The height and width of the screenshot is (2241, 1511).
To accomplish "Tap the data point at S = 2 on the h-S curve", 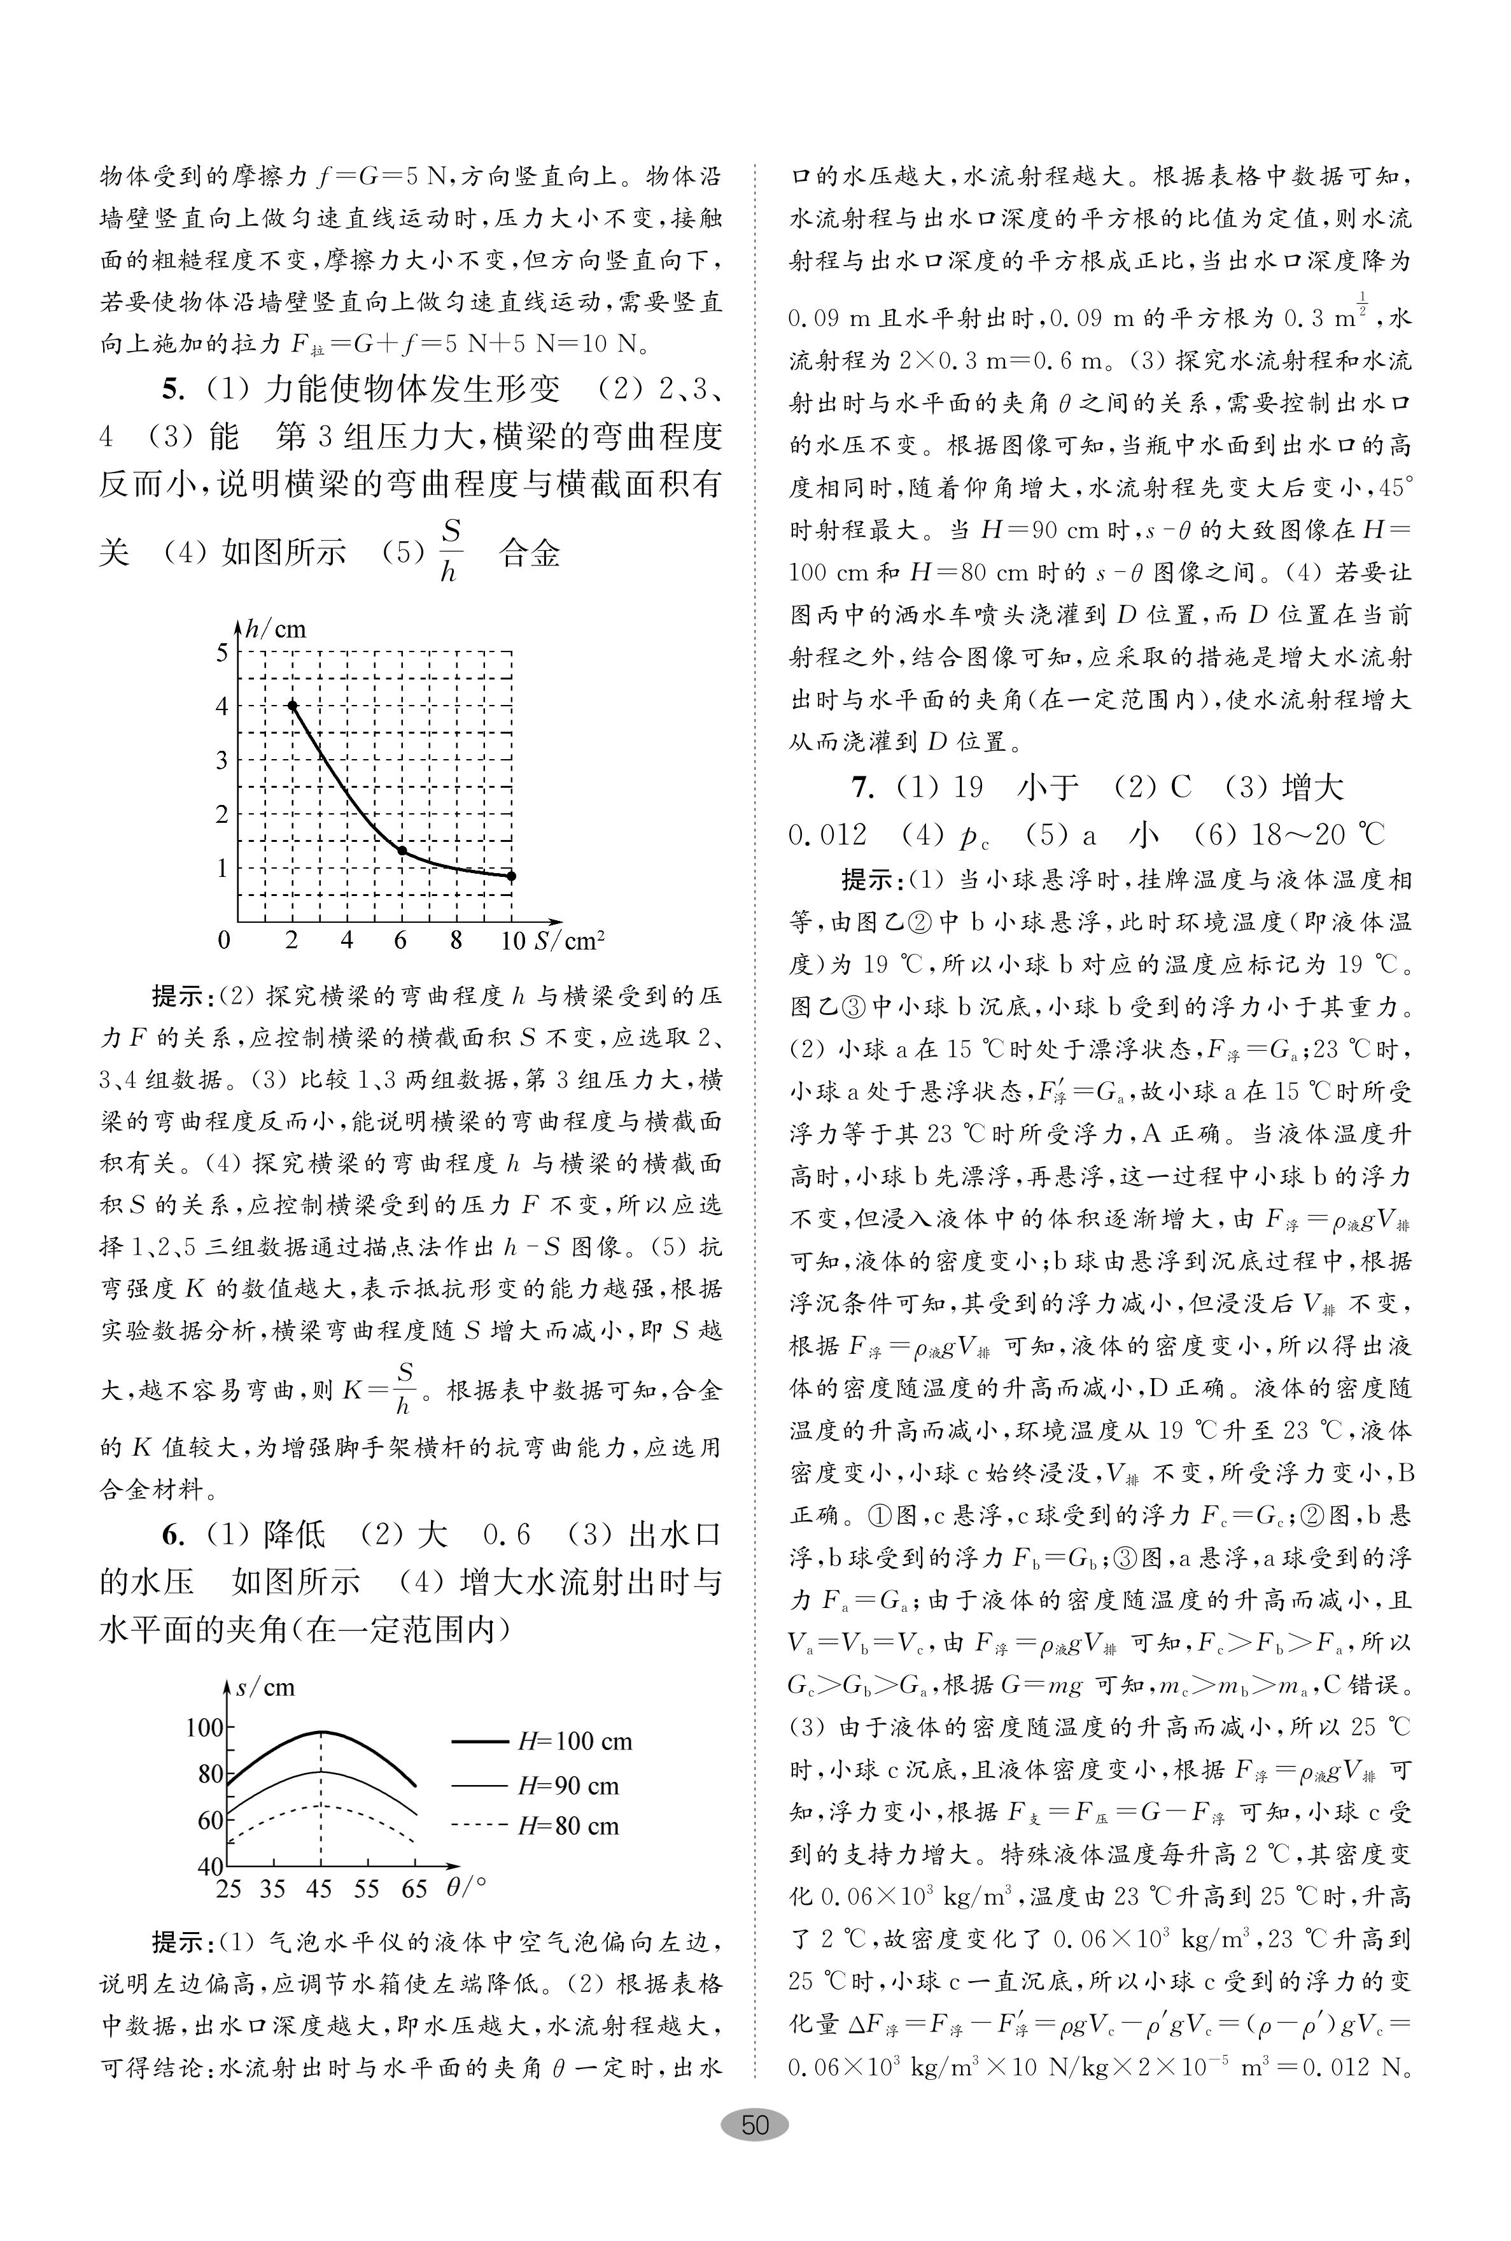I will (x=293, y=706).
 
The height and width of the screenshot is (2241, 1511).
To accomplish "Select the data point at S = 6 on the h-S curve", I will (x=402, y=850).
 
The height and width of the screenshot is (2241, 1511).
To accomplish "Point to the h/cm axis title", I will (x=276, y=629).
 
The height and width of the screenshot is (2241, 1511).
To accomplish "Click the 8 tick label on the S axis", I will (x=456, y=940).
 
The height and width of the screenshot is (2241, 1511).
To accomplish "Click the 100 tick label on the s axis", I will (x=205, y=1726).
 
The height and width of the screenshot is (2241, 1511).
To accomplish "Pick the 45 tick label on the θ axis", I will (x=320, y=1888).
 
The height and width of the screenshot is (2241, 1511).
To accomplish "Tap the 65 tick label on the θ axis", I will (x=414, y=1888).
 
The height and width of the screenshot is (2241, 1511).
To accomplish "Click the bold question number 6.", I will (x=171, y=1535).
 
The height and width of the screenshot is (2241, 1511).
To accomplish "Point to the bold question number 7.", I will (x=864, y=788).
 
